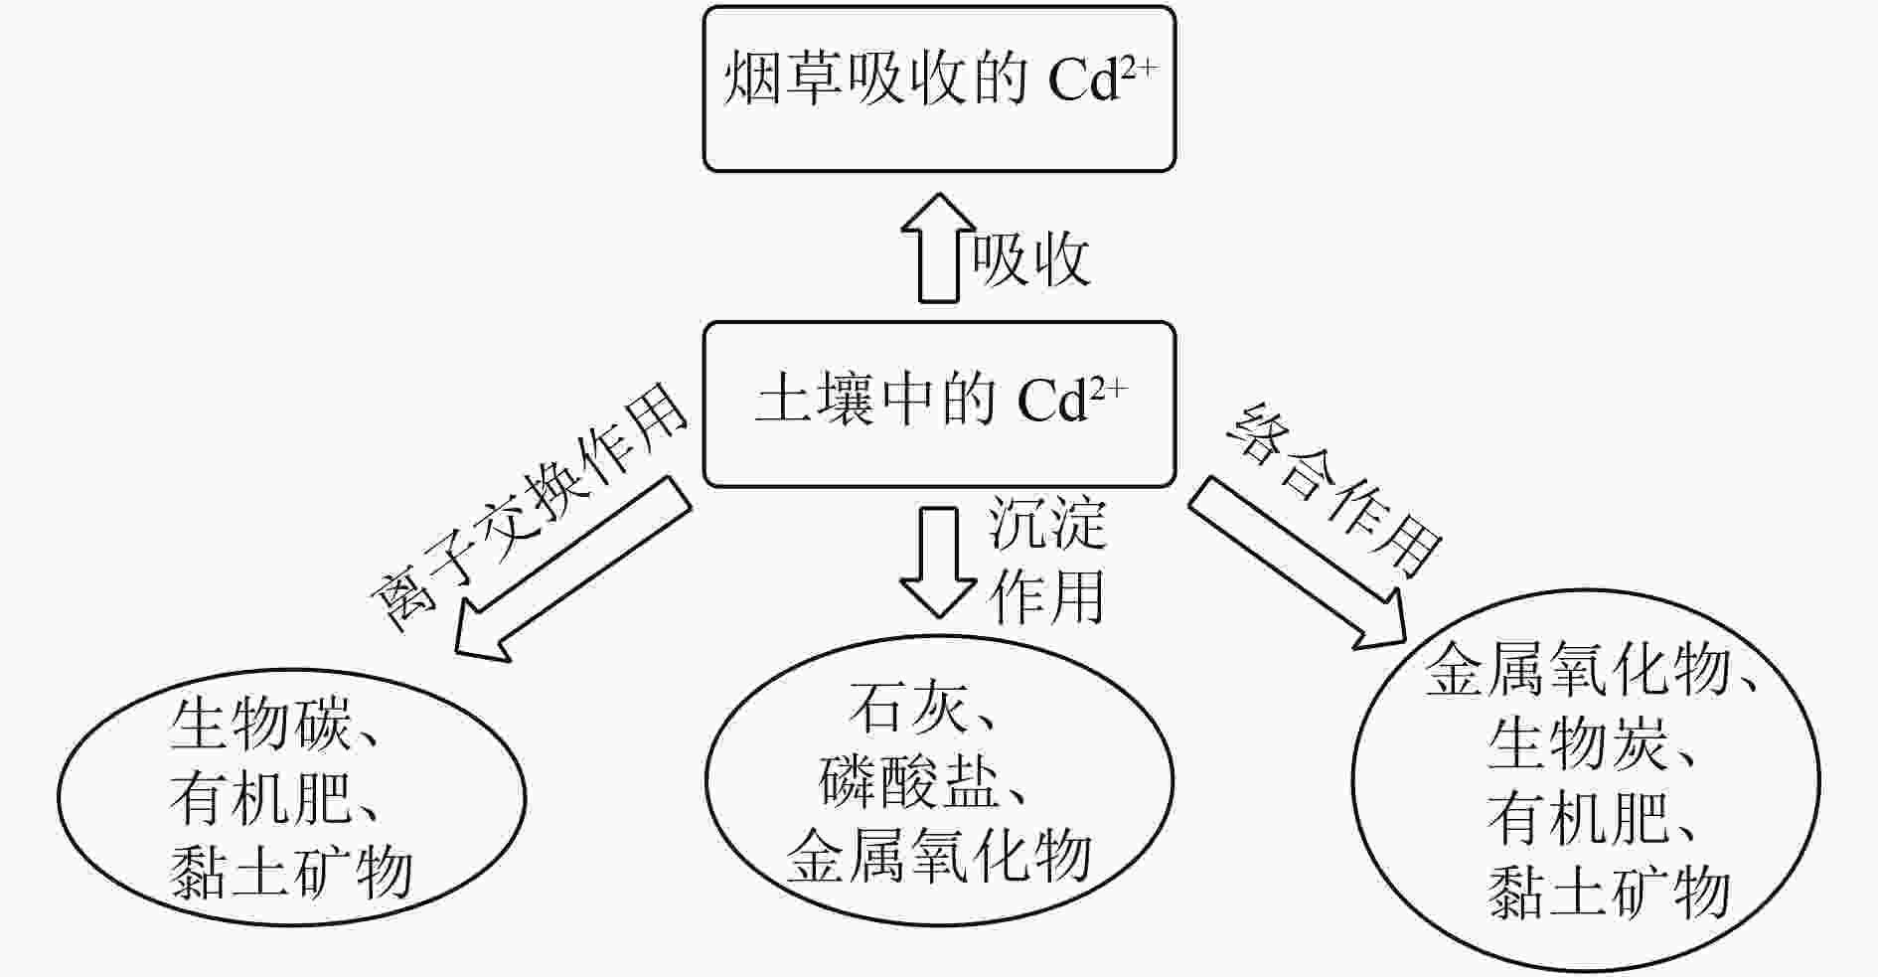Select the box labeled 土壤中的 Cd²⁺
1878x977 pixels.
click(x=939, y=403)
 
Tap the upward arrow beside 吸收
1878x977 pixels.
click(x=938, y=248)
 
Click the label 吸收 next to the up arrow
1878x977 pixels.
click(x=1030, y=260)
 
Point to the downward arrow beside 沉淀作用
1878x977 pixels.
click(x=937, y=562)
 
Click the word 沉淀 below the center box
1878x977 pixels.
click(x=1047, y=524)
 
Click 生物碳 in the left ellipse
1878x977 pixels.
click(x=260, y=723)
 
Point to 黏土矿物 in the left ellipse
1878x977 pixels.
click(x=291, y=872)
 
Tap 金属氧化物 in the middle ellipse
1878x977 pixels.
click(x=939, y=856)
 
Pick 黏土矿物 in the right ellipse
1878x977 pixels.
click(x=1609, y=892)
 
